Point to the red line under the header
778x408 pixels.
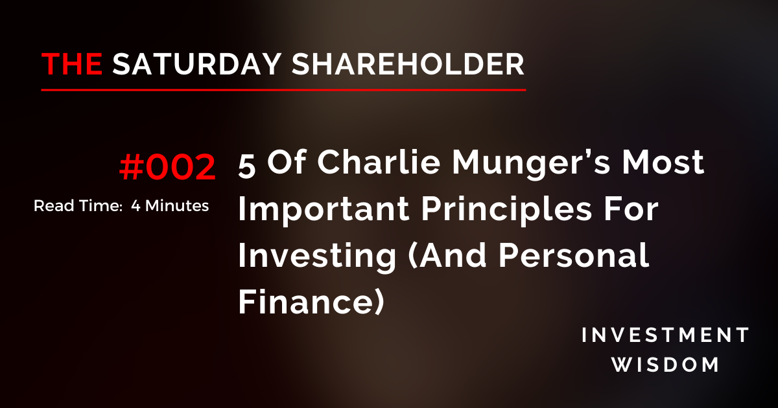coord(283,89)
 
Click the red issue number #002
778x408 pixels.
coord(167,167)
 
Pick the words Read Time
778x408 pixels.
coord(72,206)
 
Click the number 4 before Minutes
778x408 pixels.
coord(135,206)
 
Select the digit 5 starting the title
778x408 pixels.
coord(246,164)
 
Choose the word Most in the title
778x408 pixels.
coord(670,164)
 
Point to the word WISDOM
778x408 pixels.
coord(666,365)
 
